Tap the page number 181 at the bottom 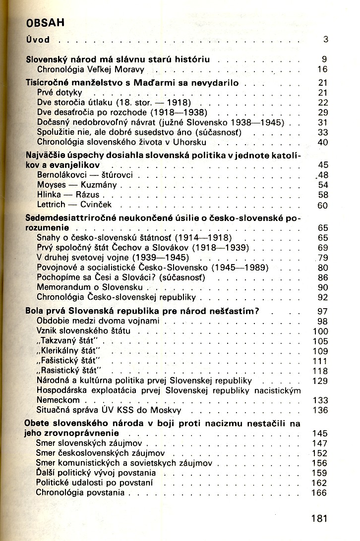tap(319, 519)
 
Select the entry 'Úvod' tap(38, 39)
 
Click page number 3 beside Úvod tap(325, 39)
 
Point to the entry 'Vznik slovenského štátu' tap(83, 331)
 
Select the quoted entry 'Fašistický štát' tap(68, 361)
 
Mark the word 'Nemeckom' tap(58, 400)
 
